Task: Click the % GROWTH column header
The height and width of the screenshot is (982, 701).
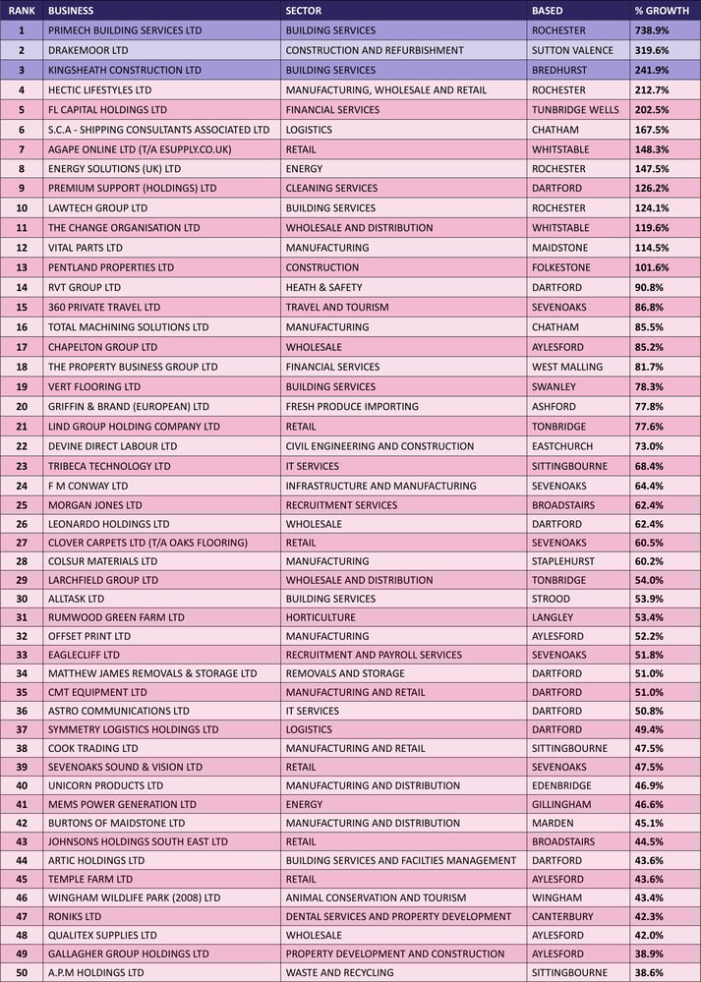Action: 662,11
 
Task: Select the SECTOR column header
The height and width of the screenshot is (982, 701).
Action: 304,11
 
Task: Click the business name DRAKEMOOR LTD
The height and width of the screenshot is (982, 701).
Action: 88,50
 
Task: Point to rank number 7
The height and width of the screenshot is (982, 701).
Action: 22,149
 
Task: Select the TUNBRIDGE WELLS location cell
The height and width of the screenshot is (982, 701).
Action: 575,110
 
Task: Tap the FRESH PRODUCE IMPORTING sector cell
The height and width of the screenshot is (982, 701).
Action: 352,407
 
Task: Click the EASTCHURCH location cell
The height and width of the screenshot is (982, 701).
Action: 562,446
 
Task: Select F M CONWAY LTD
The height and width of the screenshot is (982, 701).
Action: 88,486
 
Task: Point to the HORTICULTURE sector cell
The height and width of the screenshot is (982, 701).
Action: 321,617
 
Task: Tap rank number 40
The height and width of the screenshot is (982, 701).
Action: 22,785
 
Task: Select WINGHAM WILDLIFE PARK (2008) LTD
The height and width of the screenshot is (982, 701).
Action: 134,897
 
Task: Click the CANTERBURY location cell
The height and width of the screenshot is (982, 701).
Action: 562,916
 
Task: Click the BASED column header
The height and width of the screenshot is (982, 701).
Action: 548,11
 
